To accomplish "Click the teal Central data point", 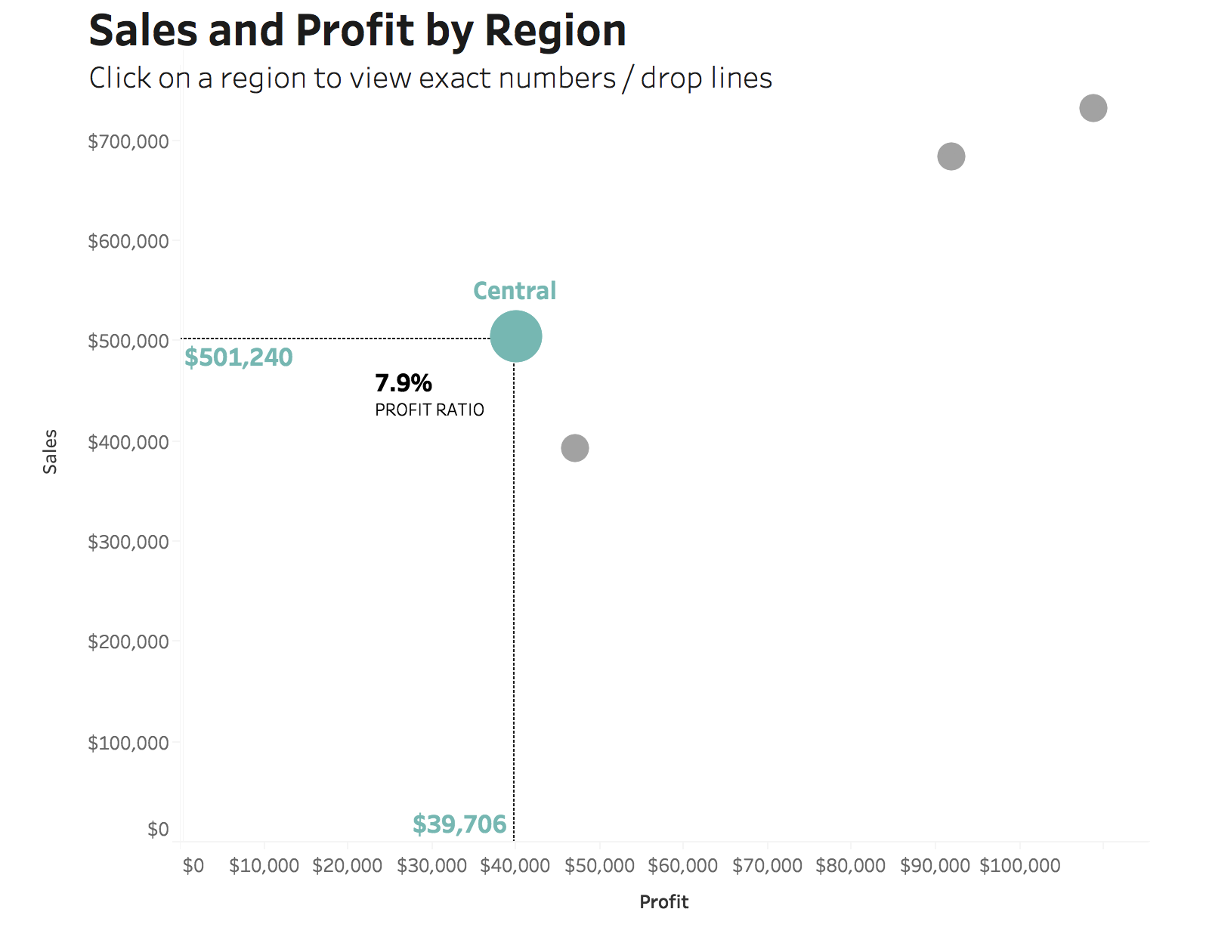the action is (515, 336).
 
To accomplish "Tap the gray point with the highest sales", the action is (1093, 107).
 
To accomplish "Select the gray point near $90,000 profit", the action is (951, 156).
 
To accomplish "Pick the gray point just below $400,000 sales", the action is (574, 447).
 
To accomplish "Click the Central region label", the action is (515, 291).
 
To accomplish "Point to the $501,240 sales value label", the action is (238, 357).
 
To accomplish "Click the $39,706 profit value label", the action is (459, 824).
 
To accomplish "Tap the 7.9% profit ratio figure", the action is (403, 383).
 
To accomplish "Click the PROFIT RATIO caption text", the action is (429, 410).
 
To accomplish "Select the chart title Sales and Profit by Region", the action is (357, 30).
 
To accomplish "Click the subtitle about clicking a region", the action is (430, 78).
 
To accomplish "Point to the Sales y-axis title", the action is (50, 452).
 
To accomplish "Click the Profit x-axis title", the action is (663, 901).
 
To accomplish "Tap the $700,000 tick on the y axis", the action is (128, 142).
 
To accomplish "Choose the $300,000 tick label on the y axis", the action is (128, 542).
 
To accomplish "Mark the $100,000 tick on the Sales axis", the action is (128, 743).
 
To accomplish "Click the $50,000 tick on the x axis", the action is (599, 865).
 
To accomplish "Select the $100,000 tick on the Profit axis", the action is (1019, 865).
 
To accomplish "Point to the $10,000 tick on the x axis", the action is (264, 865).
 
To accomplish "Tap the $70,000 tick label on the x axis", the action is (767, 865).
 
